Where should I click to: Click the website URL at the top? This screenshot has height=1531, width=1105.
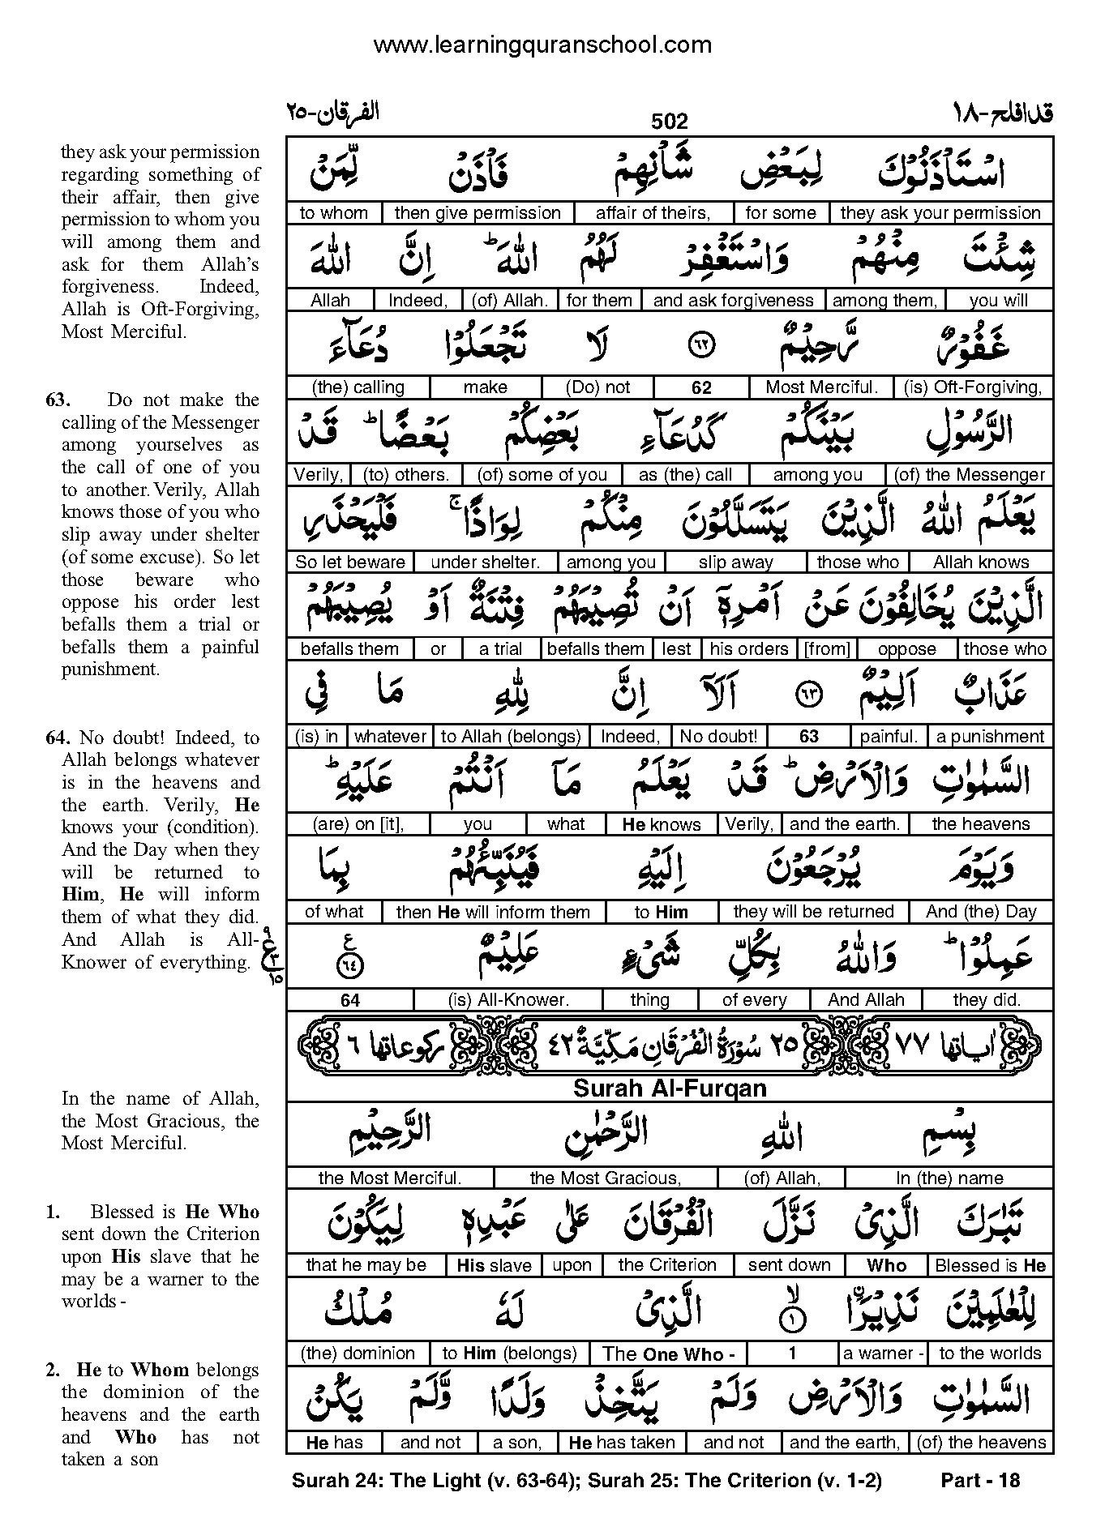pos(542,45)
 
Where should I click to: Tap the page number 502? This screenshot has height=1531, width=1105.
pos(669,122)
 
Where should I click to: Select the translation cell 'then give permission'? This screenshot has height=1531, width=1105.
pos(478,213)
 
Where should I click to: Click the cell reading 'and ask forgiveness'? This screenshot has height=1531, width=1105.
pos(733,301)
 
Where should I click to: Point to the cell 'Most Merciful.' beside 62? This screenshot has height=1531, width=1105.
pos(821,387)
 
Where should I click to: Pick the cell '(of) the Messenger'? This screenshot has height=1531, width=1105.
pos(970,475)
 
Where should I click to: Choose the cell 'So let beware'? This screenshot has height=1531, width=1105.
pos(350,562)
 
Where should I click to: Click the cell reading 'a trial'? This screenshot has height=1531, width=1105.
pos(501,649)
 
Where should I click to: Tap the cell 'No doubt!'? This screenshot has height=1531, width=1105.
pos(718,737)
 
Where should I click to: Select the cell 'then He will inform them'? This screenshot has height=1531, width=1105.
pos(493,912)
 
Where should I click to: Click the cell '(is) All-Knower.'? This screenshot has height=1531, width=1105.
pos(509,1000)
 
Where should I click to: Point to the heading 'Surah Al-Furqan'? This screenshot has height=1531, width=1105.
pos(670,1088)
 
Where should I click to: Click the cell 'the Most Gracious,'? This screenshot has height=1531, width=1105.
pos(605,1178)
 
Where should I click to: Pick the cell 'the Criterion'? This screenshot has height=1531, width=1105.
pos(667,1265)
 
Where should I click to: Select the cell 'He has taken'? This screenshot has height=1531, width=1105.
pos(622,1443)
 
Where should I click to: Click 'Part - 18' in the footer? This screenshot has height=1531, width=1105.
pos(979,1481)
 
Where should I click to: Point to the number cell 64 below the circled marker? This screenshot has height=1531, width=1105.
pos(350,1000)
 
